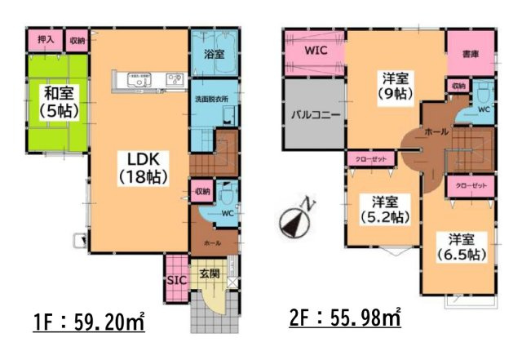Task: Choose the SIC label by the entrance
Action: click(175, 279)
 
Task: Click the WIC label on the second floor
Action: click(316, 51)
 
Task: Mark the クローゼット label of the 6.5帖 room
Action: click(470, 187)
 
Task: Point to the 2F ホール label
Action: click(434, 131)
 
